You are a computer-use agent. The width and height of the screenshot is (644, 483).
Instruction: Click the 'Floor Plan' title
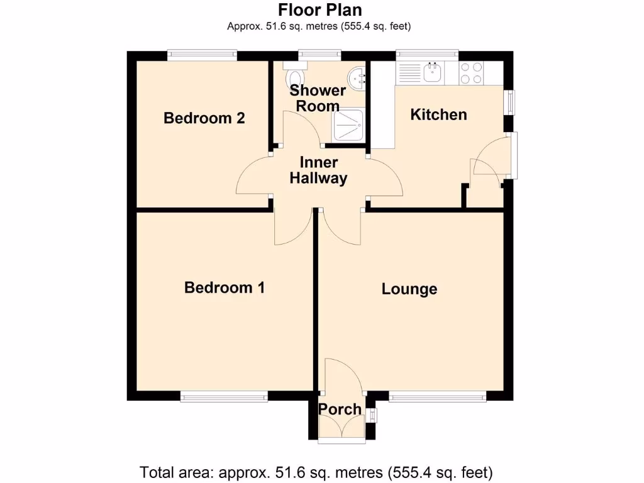(x=320, y=10)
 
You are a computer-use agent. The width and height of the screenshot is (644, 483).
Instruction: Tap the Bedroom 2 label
(x=204, y=118)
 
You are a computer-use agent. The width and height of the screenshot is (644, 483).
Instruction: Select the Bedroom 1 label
(x=224, y=287)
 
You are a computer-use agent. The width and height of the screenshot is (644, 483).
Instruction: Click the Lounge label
(x=409, y=289)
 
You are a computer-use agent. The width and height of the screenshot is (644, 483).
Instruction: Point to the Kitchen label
(x=438, y=114)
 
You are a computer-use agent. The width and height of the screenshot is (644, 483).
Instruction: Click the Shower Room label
(x=318, y=98)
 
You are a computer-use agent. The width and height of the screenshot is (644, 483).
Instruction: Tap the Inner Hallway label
(x=318, y=170)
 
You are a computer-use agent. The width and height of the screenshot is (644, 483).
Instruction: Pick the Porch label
(x=340, y=409)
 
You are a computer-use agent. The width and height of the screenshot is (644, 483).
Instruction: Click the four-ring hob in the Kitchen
(x=472, y=73)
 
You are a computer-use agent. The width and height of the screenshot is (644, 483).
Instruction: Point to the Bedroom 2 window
(x=202, y=56)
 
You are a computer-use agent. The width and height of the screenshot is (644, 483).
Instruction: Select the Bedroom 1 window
(x=224, y=396)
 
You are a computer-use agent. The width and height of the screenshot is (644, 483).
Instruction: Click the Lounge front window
(x=437, y=396)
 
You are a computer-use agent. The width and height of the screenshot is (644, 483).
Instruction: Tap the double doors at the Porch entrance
(x=340, y=430)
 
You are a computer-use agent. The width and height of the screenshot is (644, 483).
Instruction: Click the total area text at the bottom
(x=316, y=472)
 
